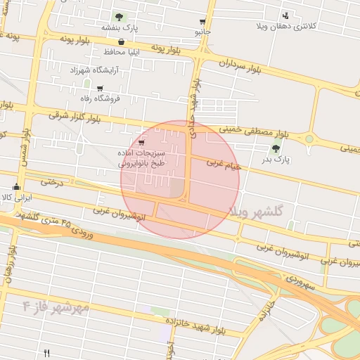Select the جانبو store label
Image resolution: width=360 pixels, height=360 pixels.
(203, 32)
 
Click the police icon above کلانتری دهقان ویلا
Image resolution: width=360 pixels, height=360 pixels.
(285, 15)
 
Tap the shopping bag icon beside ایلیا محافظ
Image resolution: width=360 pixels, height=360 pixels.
(122, 42)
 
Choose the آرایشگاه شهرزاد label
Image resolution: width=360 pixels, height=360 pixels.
(93, 70)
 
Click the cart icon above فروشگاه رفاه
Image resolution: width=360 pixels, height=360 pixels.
(99, 88)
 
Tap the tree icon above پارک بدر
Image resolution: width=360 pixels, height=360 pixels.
(276, 148)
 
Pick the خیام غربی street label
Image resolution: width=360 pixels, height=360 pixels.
(224, 165)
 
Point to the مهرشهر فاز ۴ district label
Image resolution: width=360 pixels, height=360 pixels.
(56, 307)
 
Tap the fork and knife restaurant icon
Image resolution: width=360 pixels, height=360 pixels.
(47, 353)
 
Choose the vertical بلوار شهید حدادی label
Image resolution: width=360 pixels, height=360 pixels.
(193, 102)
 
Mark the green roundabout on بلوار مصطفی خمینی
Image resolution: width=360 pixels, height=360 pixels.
(309, 139)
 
